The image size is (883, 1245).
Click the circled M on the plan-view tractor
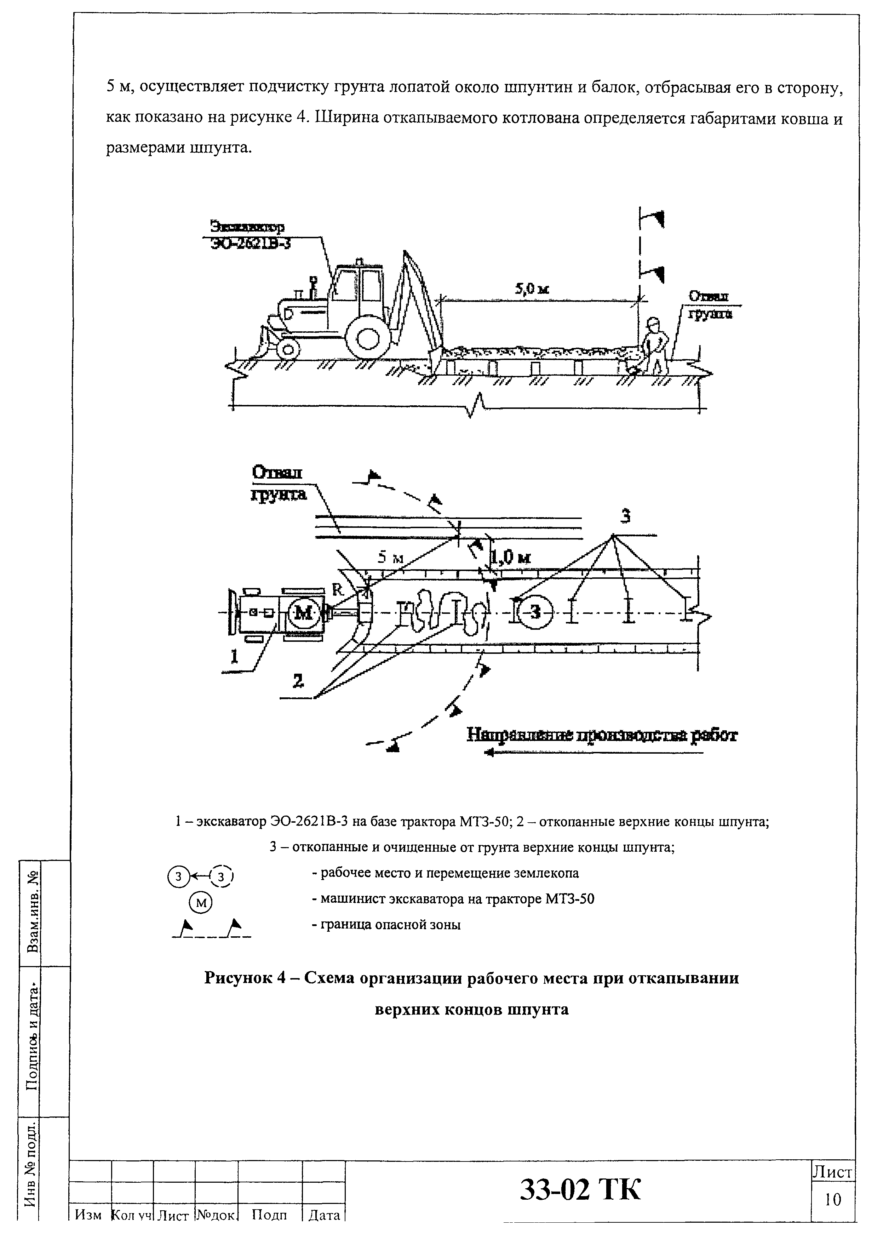[x=302, y=613]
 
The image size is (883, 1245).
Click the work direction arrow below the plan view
[x=593, y=753]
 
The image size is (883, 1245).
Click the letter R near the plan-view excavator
[x=337, y=590]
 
